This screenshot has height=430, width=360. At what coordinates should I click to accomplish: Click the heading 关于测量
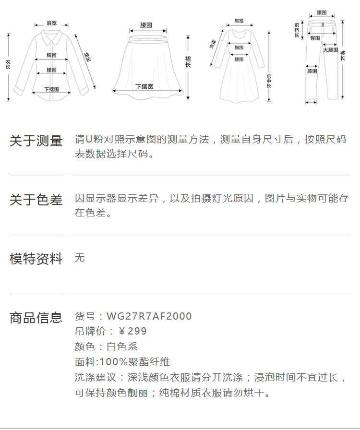point(36,141)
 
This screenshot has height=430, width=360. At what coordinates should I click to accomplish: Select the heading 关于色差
point(36,200)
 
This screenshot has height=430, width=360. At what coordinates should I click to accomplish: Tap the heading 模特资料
point(36,259)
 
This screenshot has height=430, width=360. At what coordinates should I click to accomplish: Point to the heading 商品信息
point(36,317)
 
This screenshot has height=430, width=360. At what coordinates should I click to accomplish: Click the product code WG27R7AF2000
point(149,316)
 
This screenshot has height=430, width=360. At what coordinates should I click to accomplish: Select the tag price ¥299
point(132,331)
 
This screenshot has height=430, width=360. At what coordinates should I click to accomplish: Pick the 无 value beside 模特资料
point(80,258)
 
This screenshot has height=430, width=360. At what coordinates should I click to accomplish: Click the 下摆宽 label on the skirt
point(144,86)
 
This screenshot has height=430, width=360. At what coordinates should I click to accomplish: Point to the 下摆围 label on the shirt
point(51,89)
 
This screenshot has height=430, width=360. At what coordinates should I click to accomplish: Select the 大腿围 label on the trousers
point(330,49)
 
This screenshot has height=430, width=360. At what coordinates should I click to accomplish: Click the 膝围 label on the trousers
point(312,71)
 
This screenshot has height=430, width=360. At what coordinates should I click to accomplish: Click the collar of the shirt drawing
point(50,35)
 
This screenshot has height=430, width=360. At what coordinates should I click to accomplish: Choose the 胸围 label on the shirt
point(52,55)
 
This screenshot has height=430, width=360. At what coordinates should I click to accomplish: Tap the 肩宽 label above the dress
point(239,21)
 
